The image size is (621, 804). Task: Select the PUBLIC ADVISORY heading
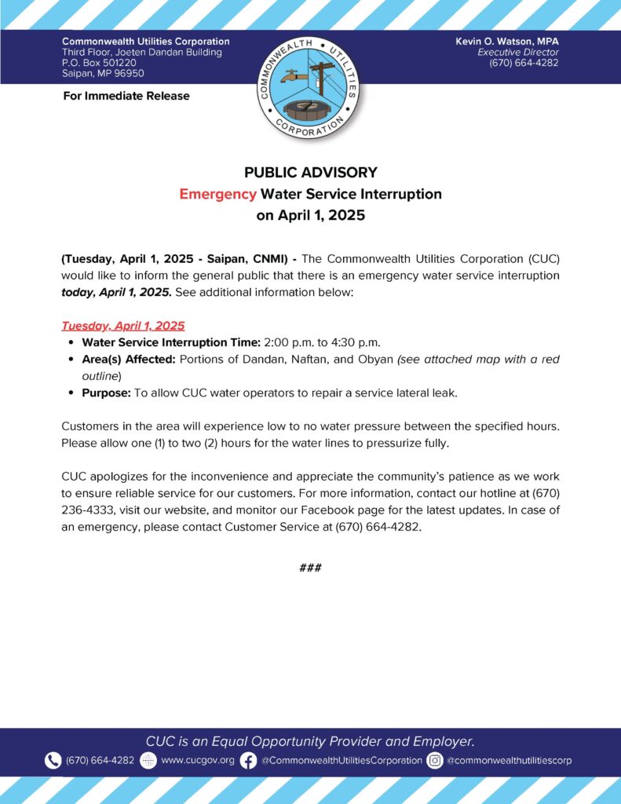[310, 172]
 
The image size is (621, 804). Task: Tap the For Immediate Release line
[126, 96]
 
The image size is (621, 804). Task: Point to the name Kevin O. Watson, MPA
[506, 41]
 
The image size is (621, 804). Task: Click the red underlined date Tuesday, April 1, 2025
[122, 324]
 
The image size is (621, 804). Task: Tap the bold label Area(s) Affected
[129, 359]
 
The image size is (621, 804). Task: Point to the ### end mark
[310, 567]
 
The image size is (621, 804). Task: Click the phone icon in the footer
[53, 760]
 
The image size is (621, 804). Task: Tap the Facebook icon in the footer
[249, 760]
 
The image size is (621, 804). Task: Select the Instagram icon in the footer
[435, 760]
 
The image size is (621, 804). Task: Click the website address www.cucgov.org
[197, 760]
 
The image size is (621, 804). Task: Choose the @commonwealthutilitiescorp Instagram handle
[509, 760]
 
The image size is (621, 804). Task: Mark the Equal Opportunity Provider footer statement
[310, 740]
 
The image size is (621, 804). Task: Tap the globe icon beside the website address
[148, 760]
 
